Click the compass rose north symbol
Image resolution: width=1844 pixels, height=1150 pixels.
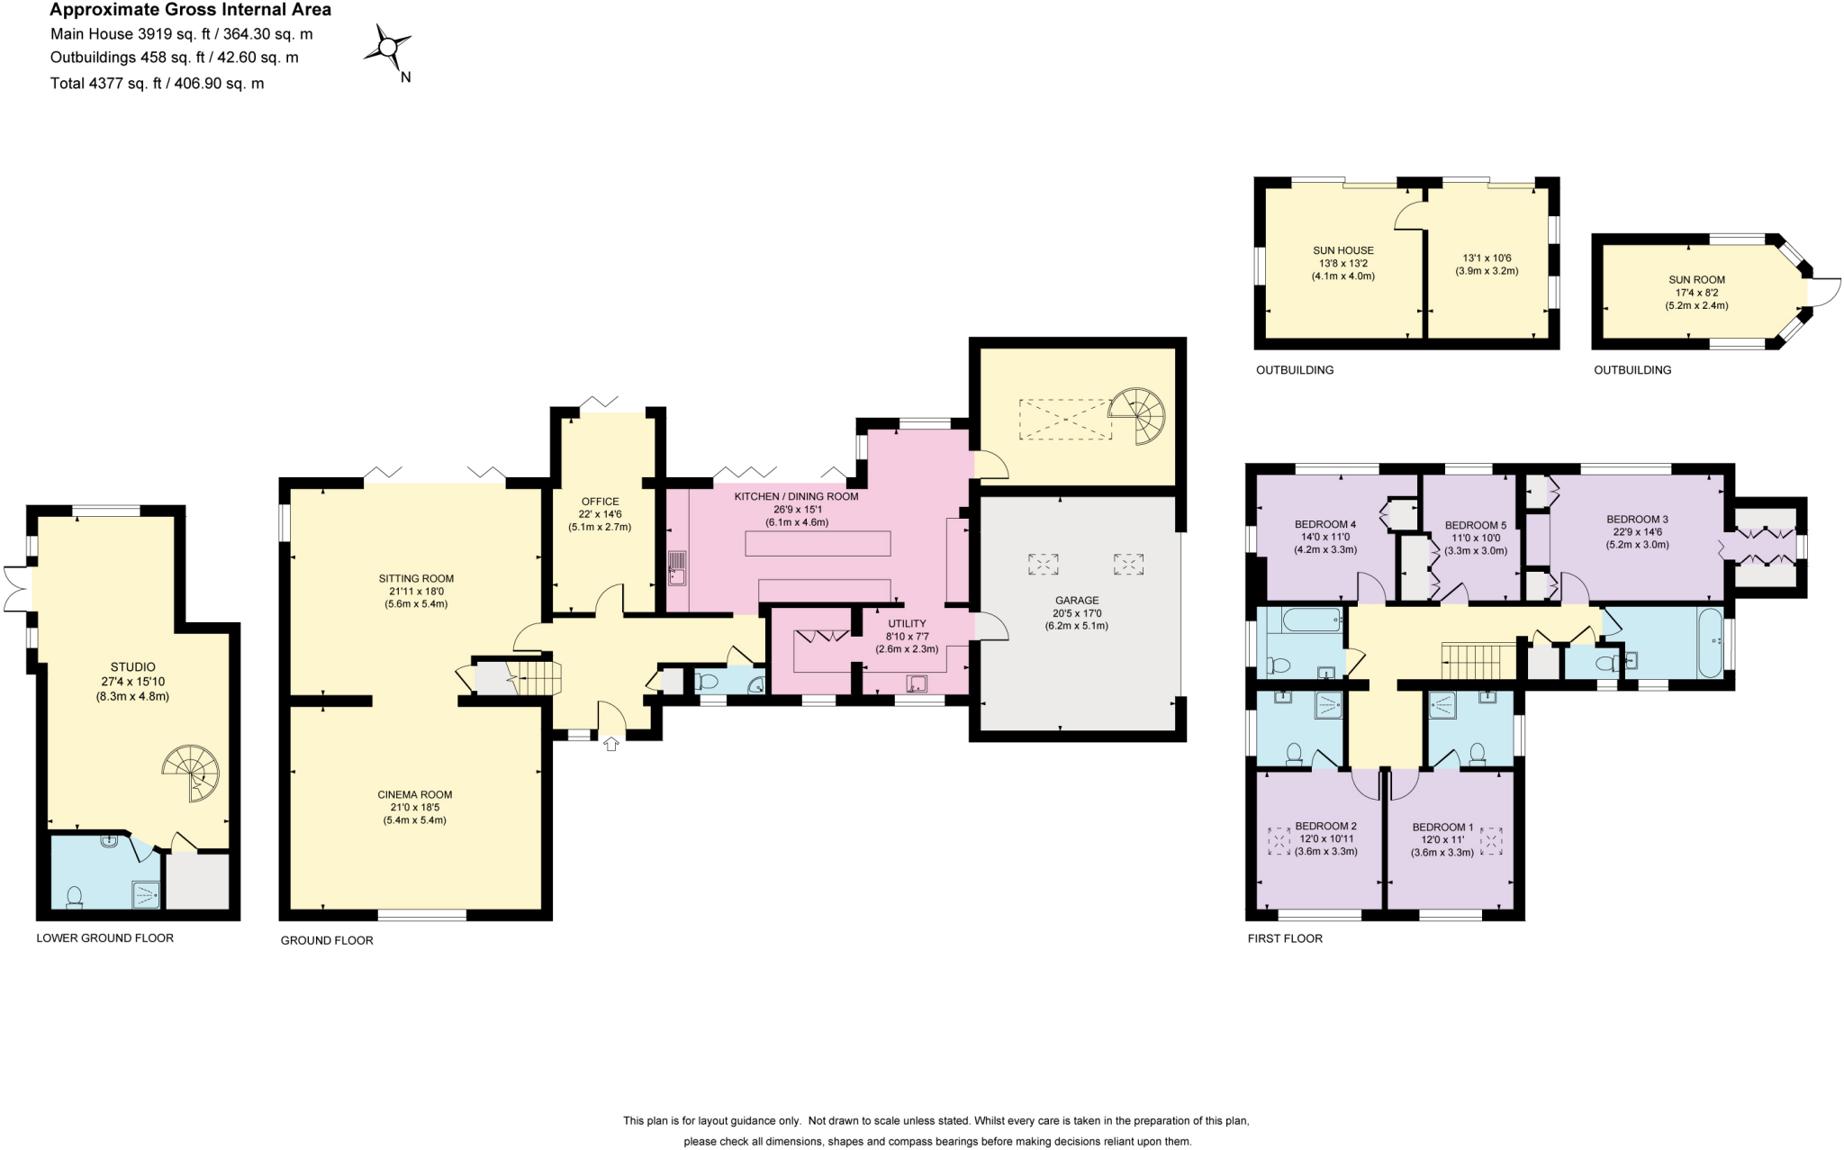tap(388, 47)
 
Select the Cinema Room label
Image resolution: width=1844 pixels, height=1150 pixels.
tap(415, 794)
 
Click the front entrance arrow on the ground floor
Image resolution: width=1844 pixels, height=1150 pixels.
tap(611, 744)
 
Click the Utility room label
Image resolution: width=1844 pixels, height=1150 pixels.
tap(907, 623)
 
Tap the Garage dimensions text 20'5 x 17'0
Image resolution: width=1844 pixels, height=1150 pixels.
tap(1077, 613)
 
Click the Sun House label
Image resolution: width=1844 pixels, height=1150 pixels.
tap(1342, 250)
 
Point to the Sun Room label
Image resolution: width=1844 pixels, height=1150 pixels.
tap(1696, 280)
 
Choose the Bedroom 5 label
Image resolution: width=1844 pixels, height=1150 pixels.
tap(1475, 525)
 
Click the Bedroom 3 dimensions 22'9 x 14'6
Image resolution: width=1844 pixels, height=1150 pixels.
tap(1637, 531)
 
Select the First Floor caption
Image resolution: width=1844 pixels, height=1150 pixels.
tap(1285, 938)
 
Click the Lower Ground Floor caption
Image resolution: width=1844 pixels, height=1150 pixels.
tap(104, 937)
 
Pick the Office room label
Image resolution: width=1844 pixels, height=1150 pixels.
tap(600, 502)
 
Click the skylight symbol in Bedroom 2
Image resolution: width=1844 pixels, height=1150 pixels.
tap(1279, 841)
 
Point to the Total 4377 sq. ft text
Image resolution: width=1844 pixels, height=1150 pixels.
tap(158, 84)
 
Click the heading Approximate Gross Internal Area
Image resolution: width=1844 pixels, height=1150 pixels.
tap(190, 10)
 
